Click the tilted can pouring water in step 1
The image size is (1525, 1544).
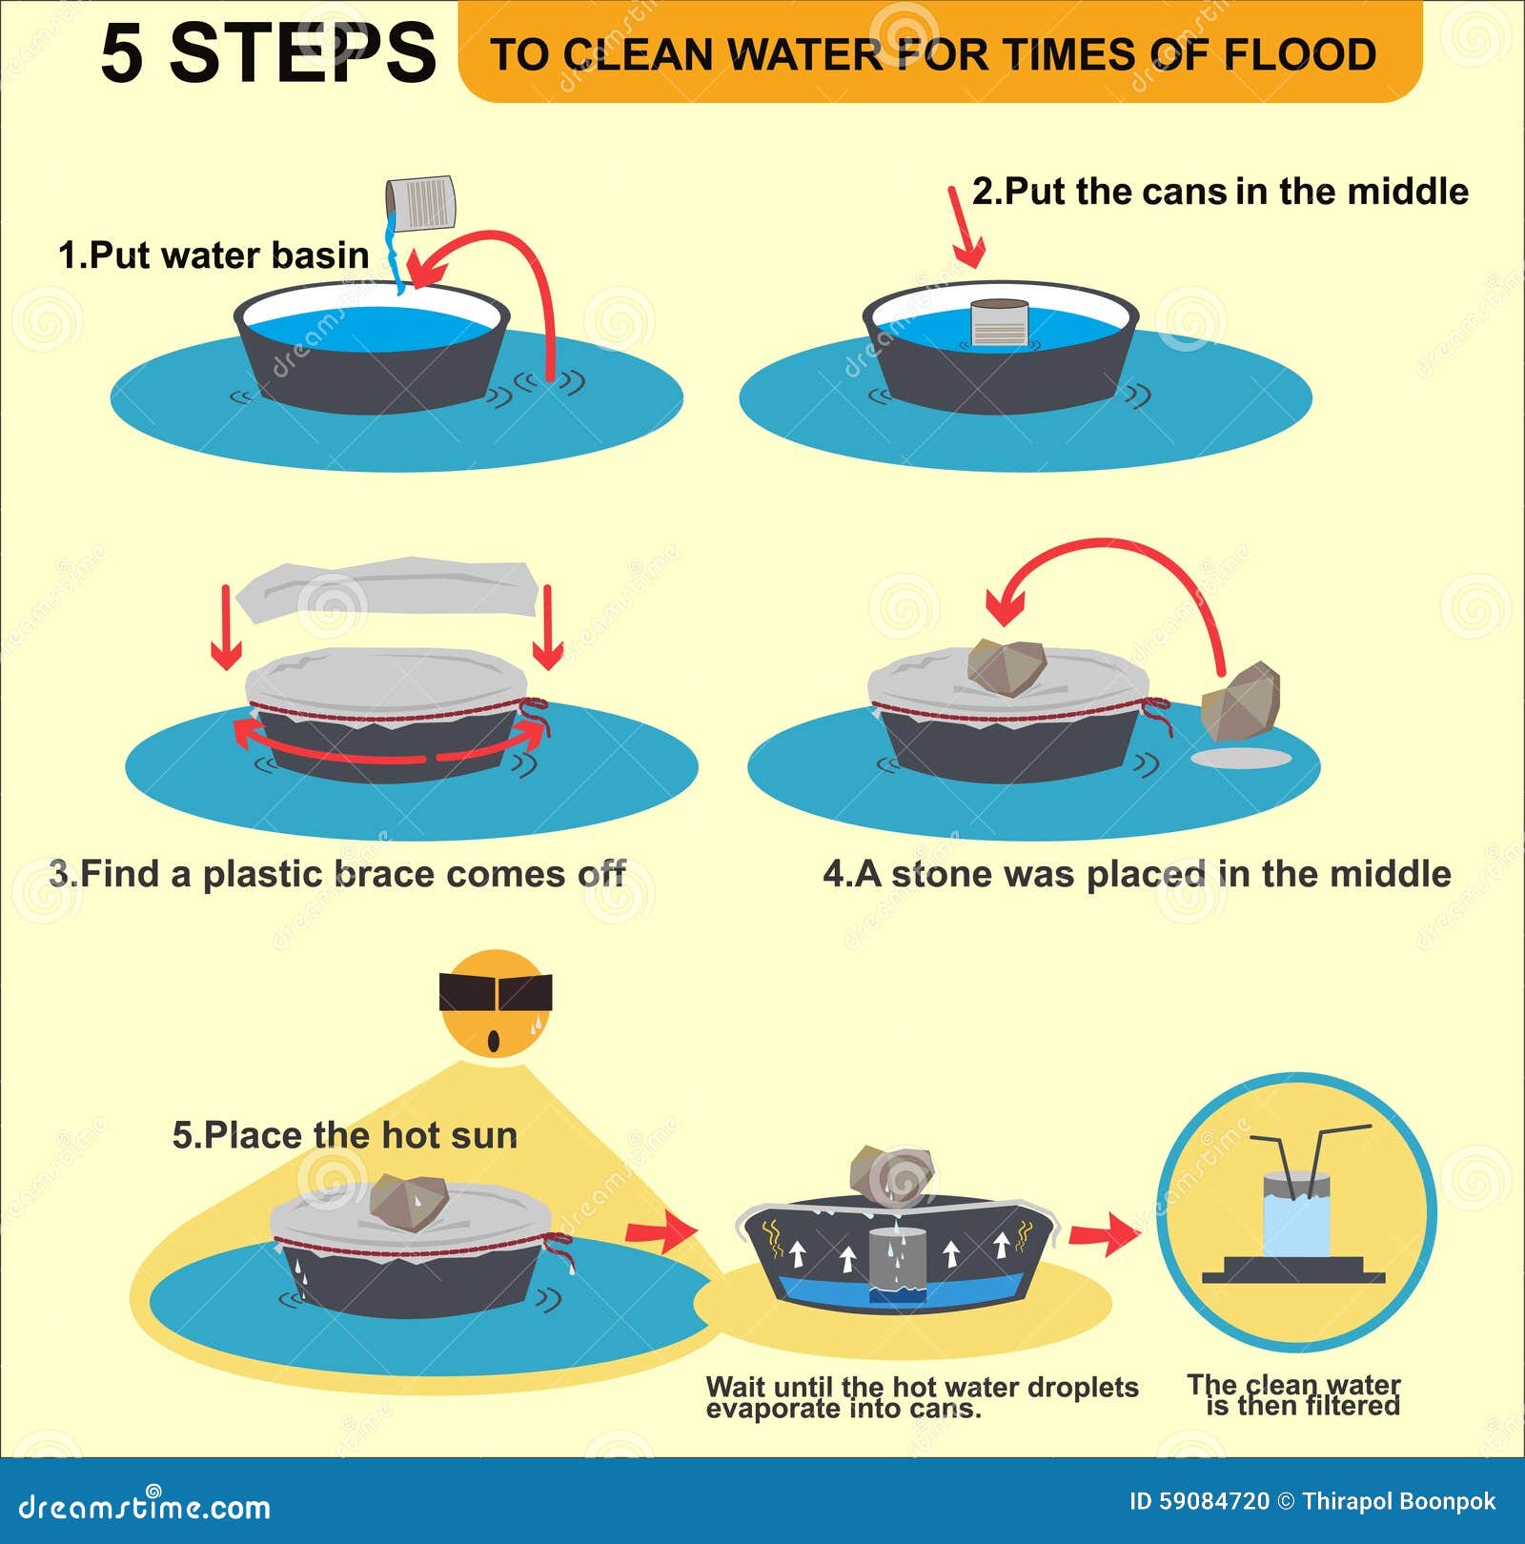pyautogui.click(x=420, y=203)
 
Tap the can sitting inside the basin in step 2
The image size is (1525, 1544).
pyautogui.click(x=999, y=322)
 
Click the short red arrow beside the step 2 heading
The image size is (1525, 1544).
pyautogui.click(x=965, y=229)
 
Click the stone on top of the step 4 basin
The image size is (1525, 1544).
pyautogui.click(x=1006, y=666)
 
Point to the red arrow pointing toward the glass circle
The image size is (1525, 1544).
pyautogui.click(x=1103, y=1236)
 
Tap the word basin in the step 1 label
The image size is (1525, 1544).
pyautogui.click(x=319, y=255)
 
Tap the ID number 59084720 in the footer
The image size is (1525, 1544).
pyautogui.click(x=1214, y=1502)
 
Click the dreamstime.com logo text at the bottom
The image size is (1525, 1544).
pyautogui.click(x=144, y=1507)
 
